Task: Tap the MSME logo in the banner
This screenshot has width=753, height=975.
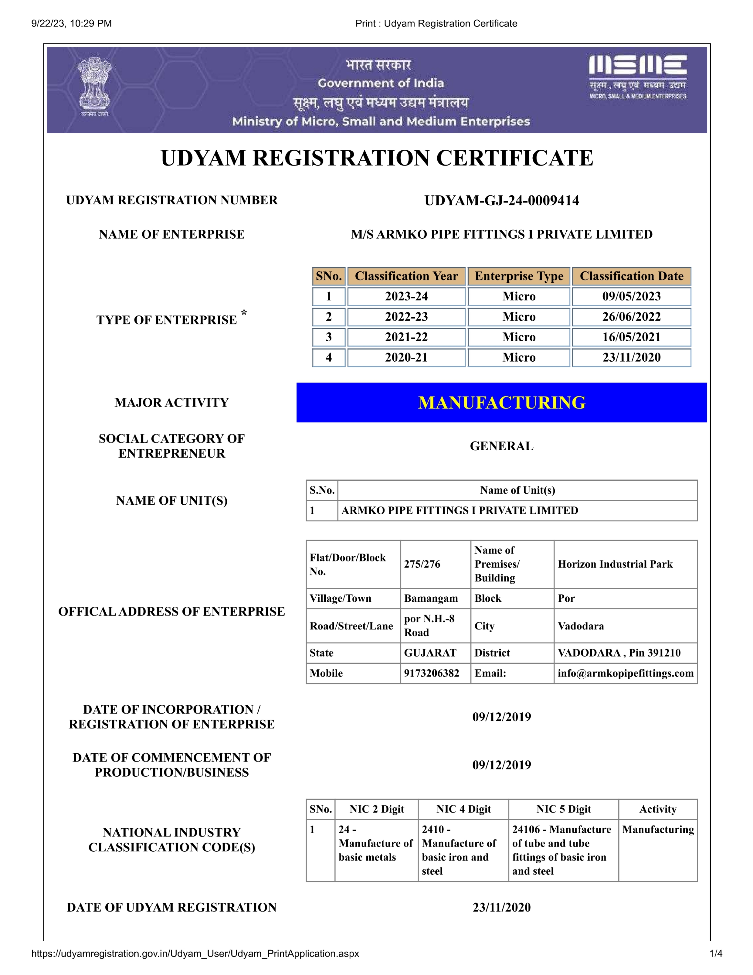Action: pyautogui.click(x=637, y=76)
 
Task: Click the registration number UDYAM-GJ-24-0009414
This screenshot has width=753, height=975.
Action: pyautogui.click(x=501, y=200)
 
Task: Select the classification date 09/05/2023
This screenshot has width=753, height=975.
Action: pyautogui.click(x=631, y=296)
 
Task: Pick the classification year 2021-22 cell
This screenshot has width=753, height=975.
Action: pyautogui.click(x=406, y=337)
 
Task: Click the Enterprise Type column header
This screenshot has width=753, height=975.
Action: pyautogui.click(x=519, y=276)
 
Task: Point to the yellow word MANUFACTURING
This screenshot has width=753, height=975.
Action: pyautogui.click(x=501, y=403)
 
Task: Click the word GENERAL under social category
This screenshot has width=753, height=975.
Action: pyautogui.click(x=501, y=446)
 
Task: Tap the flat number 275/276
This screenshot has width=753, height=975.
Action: pyautogui.click(x=422, y=564)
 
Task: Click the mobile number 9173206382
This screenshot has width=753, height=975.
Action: pyautogui.click(x=431, y=673)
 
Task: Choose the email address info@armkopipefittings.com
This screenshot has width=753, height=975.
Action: pyautogui.click(x=625, y=673)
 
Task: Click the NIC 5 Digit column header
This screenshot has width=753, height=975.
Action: pyautogui.click(x=563, y=810)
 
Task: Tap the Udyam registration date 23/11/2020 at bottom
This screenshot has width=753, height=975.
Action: pyautogui.click(x=501, y=908)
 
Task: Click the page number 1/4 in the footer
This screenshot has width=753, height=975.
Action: pyautogui.click(x=715, y=953)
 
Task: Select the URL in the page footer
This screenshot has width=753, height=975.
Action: pyautogui.click(x=195, y=953)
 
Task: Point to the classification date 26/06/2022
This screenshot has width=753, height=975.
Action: pyautogui.click(x=631, y=317)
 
